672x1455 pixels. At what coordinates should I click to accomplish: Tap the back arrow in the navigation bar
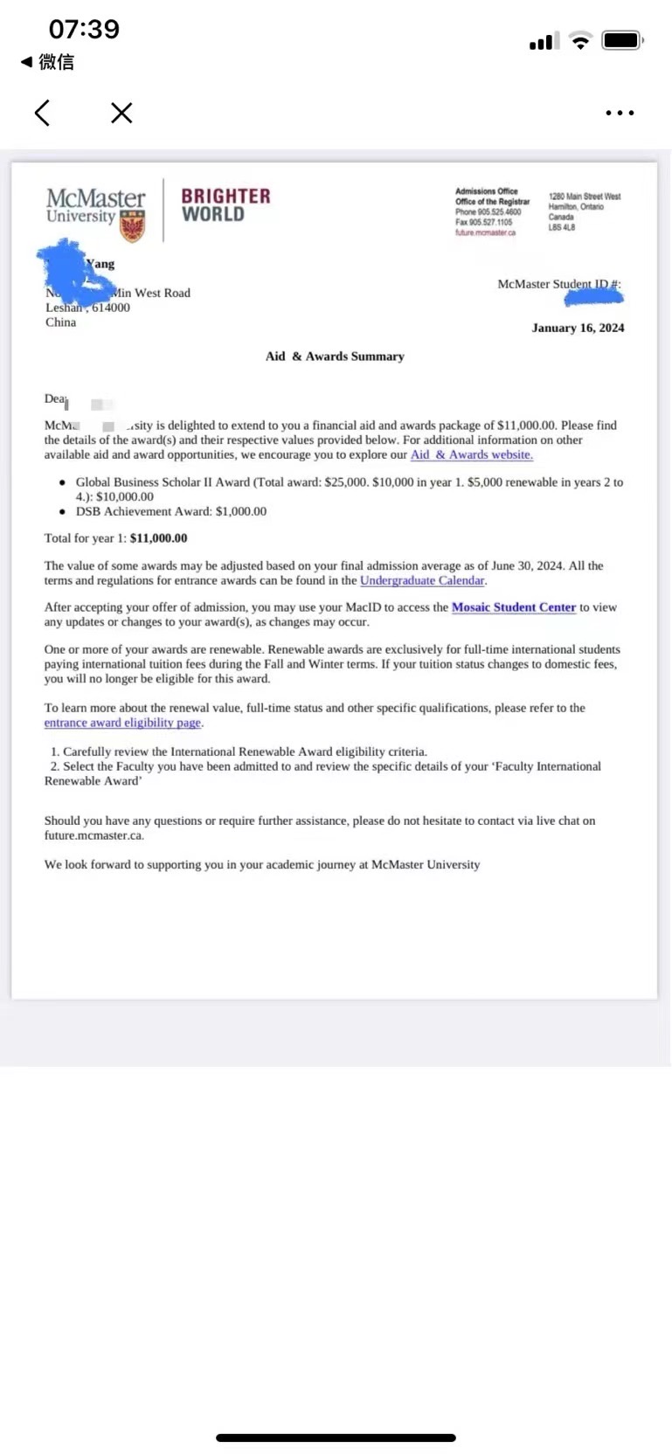pyautogui.click(x=42, y=113)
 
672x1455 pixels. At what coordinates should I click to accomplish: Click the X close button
pyautogui.click(x=121, y=113)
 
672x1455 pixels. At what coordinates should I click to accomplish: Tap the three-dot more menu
pyautogui.click(x=620, y=113)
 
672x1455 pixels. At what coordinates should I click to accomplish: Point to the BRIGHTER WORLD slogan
pyautogui.click(x=225, y=205)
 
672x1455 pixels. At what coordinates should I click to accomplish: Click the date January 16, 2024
pyautogui.click(x=578, y=328)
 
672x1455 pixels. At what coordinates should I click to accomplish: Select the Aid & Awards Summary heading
pyautogui.click(x=335, y=357)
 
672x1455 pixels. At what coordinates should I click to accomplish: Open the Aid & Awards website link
pyautogui.click(x=471, y=454)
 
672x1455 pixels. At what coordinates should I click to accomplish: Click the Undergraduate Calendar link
pyautogui.click(x=422, y=580)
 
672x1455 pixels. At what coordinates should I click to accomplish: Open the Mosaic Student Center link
pyautogui.click(x=513, y=607)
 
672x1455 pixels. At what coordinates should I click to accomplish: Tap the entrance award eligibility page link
pyautogui.click(x=122, y=723)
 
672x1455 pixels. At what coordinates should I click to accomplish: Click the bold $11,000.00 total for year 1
pyautogui.click(x=158, y=538)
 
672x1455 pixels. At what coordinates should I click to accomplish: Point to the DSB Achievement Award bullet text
pyautogui.click(x=170, y=511)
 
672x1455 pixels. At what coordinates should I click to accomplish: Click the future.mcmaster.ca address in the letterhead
pyautogui.click(x=485, y=233)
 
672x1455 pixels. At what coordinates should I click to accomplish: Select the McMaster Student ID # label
pyautogui.click(x=558, y=284)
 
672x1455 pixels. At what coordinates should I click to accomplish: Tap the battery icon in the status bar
pyautogui.click(x=623, y=40)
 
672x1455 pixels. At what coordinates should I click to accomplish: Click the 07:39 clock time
pyautogui.click(x=84, y=29)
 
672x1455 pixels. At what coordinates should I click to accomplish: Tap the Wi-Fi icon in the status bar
pyautogui.click(x=580, y=40)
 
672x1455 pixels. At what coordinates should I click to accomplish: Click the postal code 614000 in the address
pyautogui.click(x=111, y=308)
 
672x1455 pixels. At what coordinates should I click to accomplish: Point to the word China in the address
pyautogui.click(x=60, y=322)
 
